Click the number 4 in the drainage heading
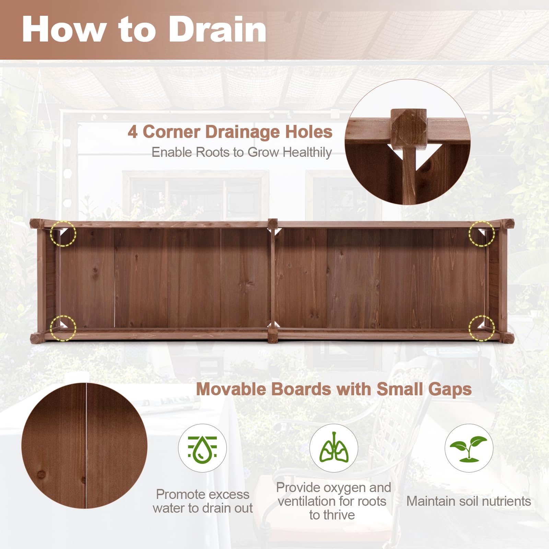click(132, 132)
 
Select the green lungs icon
click(334, 448)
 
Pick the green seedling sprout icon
click(469, 448)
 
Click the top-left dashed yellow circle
click(63, 233)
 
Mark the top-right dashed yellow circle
click(482, 233)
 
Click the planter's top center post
click(273, 224)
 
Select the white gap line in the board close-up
click(86, 446)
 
